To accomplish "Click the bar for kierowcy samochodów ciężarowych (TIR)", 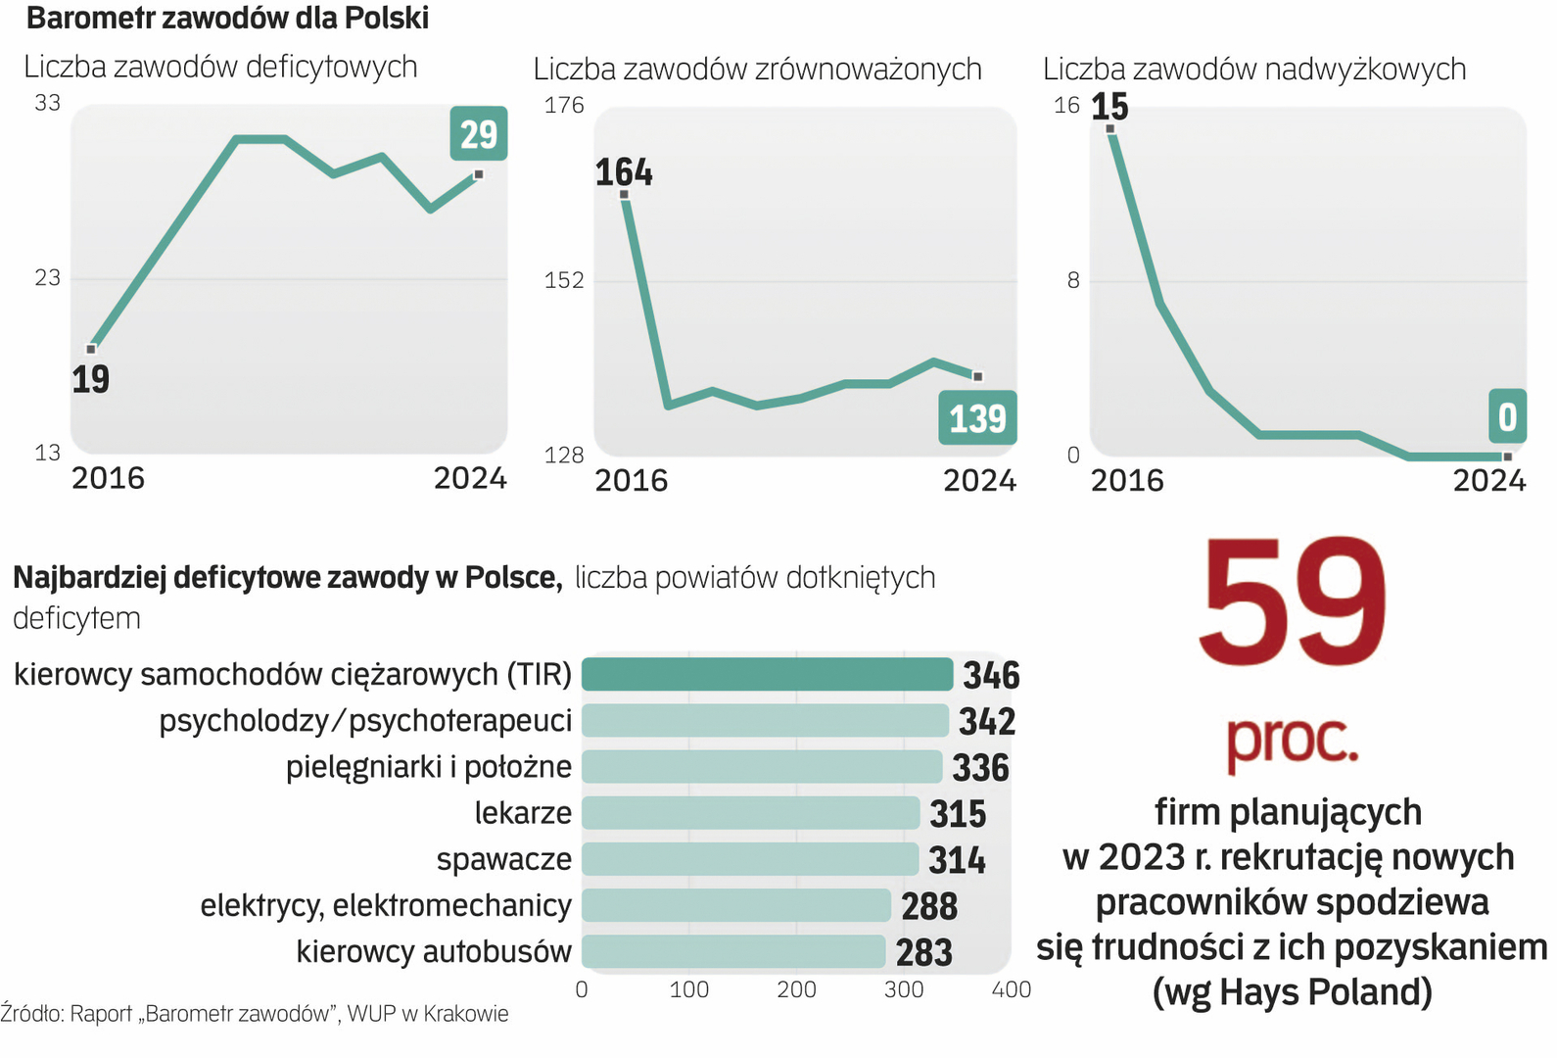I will click(767, 675).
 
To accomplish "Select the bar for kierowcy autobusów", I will click(733, 951).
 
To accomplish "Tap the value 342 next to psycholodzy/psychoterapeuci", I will click(987, 722).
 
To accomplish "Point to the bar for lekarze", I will click(751, 813).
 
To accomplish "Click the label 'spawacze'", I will click(503, 859).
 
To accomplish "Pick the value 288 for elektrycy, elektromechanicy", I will click(929, 906).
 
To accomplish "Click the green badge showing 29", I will click(479, 134).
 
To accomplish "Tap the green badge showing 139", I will click(977, 418).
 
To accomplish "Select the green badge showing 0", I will click(1507, 416).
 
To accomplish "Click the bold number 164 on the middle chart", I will click(624, 172).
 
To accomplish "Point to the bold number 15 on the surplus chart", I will click(1109, 106).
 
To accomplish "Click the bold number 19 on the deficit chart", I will click(90, 379).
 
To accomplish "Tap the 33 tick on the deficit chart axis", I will click(47, 103).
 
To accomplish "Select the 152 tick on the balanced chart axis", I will click(563, 280).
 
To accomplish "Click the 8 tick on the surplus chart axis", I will click(1073, 281).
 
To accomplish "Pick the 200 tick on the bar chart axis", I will click(796, 989).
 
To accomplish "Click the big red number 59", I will click(1292, 601).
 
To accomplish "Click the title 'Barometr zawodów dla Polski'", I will click(227, 18).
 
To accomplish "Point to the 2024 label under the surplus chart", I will click(1488, 480).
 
